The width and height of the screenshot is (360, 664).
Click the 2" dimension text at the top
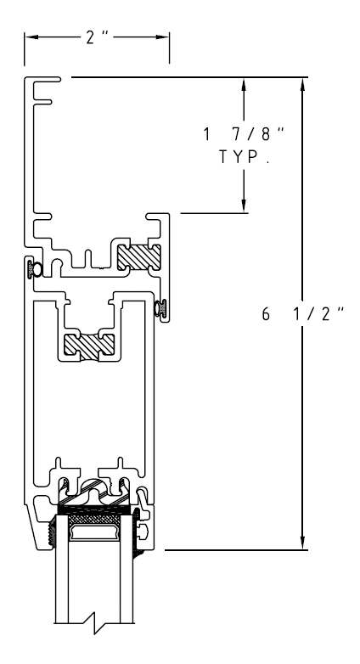[x=97, y=37]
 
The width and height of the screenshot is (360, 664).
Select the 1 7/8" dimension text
[x=244, y=134]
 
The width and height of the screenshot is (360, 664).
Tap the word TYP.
[x=245, y=157]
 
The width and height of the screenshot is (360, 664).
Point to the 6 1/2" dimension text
[x=302, y=314]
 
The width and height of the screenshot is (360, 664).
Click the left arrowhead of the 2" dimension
[x=31, y=37]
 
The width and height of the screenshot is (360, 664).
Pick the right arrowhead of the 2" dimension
[x=163, y=37]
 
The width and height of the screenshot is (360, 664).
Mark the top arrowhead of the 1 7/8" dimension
[x=244, y=85]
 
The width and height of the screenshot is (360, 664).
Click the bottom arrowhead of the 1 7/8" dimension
[x=244, y=205]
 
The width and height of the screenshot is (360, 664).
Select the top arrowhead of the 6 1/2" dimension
[x=302, y=85]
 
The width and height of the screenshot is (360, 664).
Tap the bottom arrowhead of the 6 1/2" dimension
[x=302, y=543]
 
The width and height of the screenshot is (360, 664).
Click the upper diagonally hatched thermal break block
[x=139, y=257]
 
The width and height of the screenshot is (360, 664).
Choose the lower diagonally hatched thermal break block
[x=89, y=345]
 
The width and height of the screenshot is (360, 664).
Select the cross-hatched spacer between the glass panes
[x=94, y=519]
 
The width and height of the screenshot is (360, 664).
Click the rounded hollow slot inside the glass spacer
[x=94, y=532]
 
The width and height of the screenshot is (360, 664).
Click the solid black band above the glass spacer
[x=94, y=509]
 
